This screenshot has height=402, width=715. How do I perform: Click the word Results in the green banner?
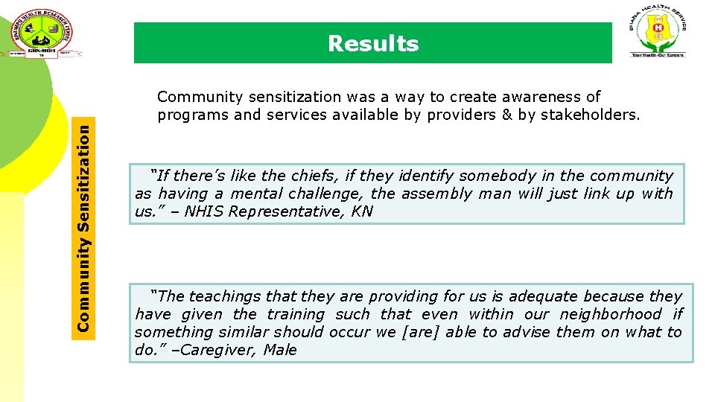373,44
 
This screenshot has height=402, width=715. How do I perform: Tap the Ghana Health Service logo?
658,31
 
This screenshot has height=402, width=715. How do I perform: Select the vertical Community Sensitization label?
86,228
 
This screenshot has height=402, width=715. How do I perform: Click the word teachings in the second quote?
226,296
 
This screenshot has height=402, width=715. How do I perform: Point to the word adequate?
543,296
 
